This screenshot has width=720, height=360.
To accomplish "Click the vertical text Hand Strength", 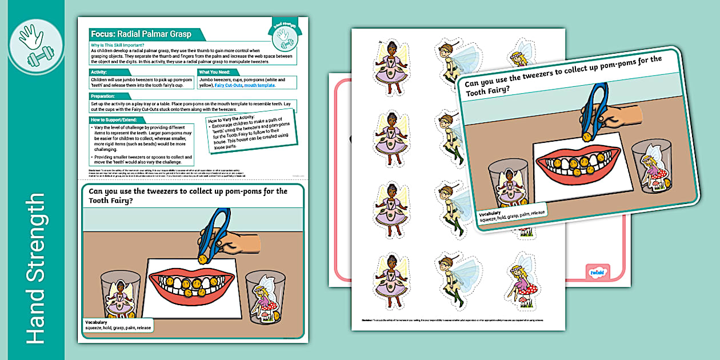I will [35, 269].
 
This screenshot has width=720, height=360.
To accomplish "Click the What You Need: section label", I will [215, 72].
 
